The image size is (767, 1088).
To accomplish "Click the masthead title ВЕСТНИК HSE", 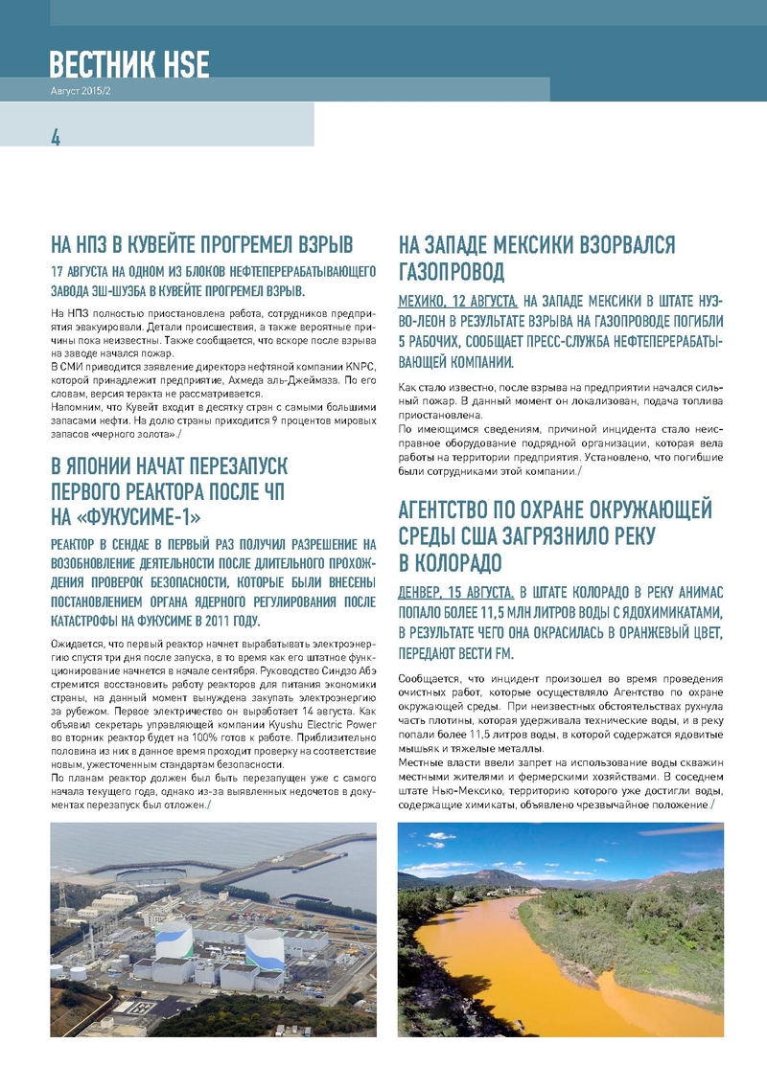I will (129, 64).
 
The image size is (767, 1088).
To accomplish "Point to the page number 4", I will (56, 137).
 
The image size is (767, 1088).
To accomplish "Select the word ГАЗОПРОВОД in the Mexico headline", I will (451, 272).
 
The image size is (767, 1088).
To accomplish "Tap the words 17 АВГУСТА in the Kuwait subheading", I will (86, 270).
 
